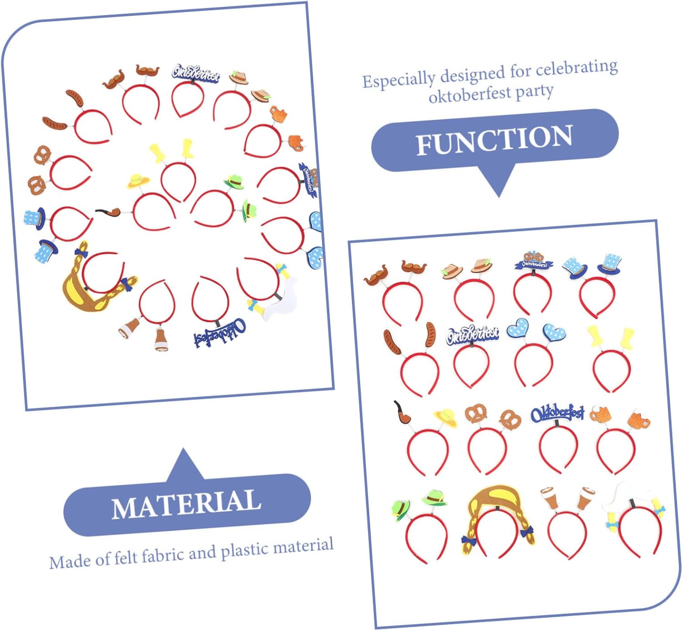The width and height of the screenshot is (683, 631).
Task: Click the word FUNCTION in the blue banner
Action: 494,140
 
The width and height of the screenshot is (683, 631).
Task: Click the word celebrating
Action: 576,68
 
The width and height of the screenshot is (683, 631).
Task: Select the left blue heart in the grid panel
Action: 518,327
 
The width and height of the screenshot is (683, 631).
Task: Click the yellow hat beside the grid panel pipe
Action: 446,417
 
